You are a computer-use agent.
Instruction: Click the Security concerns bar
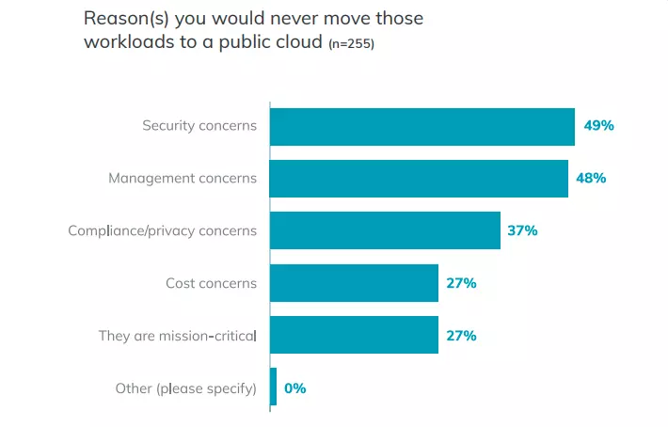point(421,126)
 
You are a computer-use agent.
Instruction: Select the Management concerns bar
point(419,179)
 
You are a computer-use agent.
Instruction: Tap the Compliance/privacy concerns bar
point(385,230)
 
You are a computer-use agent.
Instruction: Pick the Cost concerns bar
point(354,283)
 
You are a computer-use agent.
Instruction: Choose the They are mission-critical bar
point(354,335)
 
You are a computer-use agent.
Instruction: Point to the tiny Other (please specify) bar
point(273,387)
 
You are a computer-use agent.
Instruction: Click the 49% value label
point(598,126)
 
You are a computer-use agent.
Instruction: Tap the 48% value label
point(591,179)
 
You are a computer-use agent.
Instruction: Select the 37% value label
point(522,230)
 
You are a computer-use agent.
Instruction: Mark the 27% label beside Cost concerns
point(461,283)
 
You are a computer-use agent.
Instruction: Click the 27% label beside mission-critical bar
point(461,335)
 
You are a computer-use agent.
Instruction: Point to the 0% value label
point(295,387)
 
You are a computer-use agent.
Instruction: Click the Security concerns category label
point(199,126)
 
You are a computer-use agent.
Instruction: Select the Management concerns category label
point(183,179)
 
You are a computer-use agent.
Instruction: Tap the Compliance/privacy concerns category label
point(162,230)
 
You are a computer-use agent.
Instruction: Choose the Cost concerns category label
point(211,283)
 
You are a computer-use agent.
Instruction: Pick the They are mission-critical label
point(177,335)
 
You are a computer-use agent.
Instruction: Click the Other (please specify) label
point(185,387)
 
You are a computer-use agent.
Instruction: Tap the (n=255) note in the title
point(351,43)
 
